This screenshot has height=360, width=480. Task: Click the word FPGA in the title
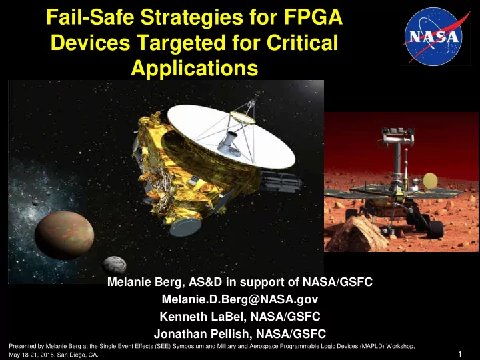tap(313, 17)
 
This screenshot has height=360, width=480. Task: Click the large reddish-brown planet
tap(64, 235)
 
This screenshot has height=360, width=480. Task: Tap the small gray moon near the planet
tap(115, 265)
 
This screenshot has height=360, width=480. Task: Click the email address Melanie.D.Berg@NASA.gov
tap(240, 299)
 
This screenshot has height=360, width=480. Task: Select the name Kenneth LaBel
tap(202, 317)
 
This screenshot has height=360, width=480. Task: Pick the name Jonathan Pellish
tap(202, 334)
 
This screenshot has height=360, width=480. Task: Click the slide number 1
tap(460, 354)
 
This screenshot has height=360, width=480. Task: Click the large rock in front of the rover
tap(356, 233)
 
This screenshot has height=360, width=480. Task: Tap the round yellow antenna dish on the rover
tap(430, 181)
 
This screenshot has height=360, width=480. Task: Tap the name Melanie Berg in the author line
tap(145, 282)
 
